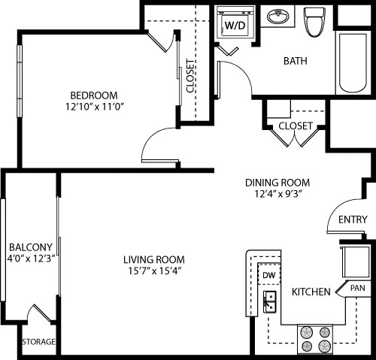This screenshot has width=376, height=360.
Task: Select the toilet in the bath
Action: tap(314, 22)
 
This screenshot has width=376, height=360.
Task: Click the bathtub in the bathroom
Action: tap(351, 63)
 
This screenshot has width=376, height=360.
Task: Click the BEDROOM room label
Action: tap(94, 95)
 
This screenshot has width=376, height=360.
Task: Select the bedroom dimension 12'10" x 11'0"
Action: tap(94, 107)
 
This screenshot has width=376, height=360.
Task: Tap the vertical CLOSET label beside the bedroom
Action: tap(190, 75)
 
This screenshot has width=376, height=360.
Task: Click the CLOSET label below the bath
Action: tap(296, 126)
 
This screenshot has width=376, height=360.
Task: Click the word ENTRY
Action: tap(353, 219)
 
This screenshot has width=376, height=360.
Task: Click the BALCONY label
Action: tap(30, 247)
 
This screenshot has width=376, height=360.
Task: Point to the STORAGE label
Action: tap(38, 342)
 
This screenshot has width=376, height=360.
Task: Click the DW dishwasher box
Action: tap(268, 276)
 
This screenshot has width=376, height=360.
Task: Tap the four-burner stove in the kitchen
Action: tap(315, 337)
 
